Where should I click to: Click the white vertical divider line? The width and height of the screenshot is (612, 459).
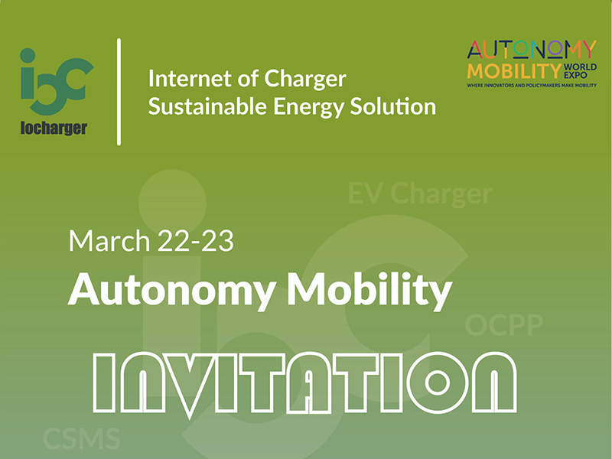pos(119,92)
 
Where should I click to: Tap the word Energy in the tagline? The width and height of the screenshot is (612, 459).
pos(296,106)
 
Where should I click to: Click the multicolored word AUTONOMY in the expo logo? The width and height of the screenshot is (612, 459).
pos(531,50)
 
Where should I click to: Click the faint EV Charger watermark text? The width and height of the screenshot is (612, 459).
pos(420,194)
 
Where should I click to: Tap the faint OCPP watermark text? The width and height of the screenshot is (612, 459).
pos(504,326)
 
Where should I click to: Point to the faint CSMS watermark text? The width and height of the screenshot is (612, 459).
pos(81,439)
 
